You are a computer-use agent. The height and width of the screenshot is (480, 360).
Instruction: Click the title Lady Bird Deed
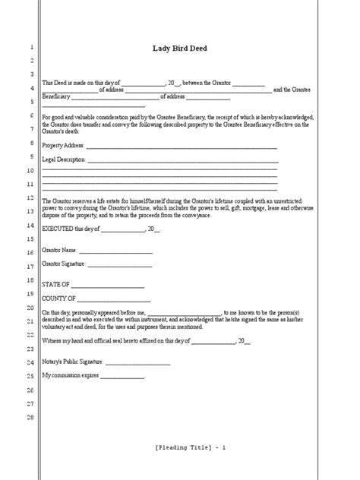click(x=180, y=49)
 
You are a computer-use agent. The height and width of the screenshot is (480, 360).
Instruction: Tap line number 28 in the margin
click(x=30, y=417)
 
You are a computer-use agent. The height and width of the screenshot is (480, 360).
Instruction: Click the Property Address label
click(x=63, y=146)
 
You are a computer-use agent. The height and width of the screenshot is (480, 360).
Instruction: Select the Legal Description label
click(x=64, y=160)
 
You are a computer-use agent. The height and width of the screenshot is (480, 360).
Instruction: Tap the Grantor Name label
click(x=58, y=250)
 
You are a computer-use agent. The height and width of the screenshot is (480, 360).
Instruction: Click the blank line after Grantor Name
click(x=115, y=251)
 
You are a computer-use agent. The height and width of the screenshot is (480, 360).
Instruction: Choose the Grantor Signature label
click(x=64, y=264)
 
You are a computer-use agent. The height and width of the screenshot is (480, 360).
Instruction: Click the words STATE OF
click(x=55, y=285)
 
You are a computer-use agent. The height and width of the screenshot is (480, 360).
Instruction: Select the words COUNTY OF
click(x=58, y=298)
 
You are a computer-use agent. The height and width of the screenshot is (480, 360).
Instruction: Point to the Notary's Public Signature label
click(x=73, y=362)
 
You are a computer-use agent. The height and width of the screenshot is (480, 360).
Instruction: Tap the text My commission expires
click(x=71, y=376)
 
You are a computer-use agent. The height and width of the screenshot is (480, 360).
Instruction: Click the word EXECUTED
click(x=57, y=229)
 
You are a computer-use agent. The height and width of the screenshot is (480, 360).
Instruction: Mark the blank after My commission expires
click(x=122, y=377)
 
